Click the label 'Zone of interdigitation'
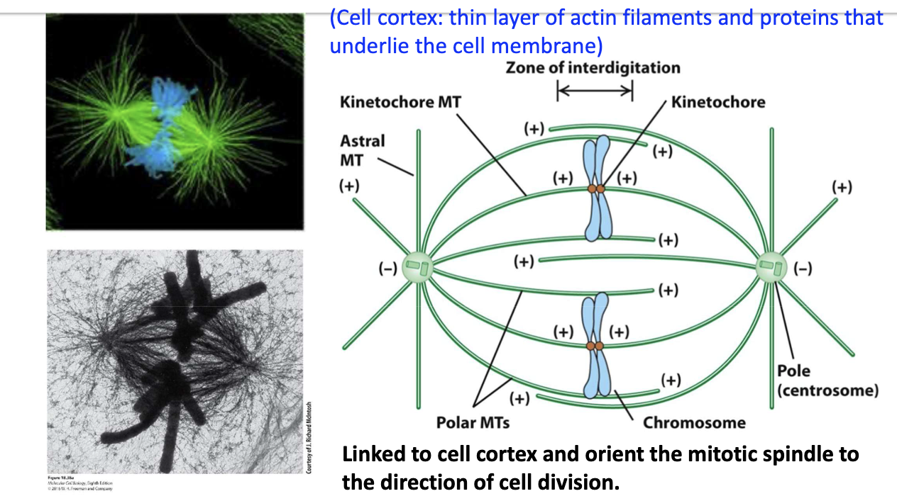coord(593,68)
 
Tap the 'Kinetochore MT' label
coord(400,102)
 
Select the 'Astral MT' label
coord(362,150)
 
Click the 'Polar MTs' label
coord(473,423)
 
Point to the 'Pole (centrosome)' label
coord(827,381)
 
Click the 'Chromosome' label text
coord(694,423)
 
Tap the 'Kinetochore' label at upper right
coord(718,102)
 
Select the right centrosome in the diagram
coord(771,267)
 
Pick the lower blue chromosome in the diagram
coord(595,346)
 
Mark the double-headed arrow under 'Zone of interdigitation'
coord(595,90)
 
